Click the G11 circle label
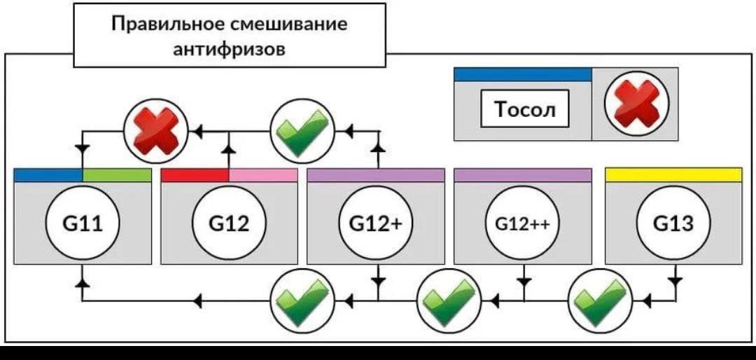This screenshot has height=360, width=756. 83,224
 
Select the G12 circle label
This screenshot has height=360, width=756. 229,224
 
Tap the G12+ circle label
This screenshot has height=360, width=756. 376,224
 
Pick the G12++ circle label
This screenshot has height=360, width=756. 523,224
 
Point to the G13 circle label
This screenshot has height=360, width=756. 673,224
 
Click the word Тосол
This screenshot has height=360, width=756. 524,109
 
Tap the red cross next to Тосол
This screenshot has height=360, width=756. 636,103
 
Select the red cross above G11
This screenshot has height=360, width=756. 155,130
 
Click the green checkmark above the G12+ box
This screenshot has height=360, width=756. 302,131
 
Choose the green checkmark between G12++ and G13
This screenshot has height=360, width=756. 599,301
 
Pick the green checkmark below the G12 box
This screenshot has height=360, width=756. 302,301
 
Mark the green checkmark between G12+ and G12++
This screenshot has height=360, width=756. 449,301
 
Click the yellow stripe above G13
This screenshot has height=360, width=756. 673,174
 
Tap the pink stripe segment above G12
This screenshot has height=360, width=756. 263,175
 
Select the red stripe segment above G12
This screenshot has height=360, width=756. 195,175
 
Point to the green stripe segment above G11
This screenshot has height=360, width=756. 117,175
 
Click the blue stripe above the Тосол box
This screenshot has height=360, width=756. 523,74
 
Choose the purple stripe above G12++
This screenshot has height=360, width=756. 523,175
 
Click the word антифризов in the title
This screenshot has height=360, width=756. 229,49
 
